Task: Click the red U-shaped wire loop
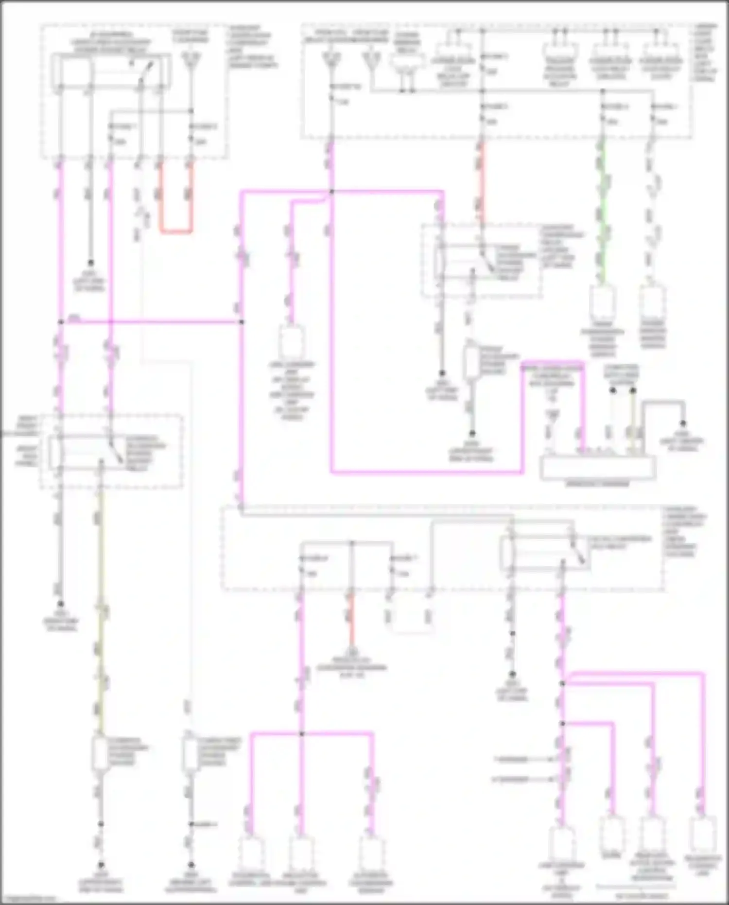[x=176, y=231]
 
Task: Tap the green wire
[x=603, y=209]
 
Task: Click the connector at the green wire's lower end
[x=603, y=302]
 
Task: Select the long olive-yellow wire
[x=101, y=608]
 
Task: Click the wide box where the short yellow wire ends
[x=598, y=467]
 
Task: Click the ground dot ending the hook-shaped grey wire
[x=683, y=424]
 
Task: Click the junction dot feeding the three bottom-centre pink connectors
[x=301, y=733]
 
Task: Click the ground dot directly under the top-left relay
[x=90, y=262]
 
